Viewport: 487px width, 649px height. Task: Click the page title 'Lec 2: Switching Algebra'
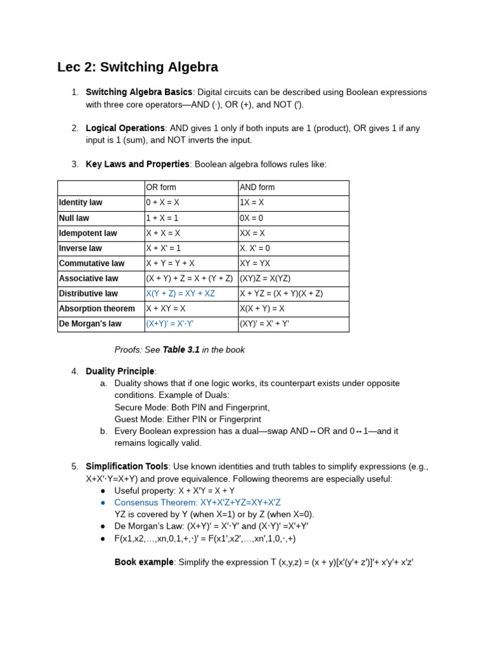pyautogui.click(x=138, y=67)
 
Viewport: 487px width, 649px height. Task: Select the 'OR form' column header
pyautogui.click(x=161, y=188)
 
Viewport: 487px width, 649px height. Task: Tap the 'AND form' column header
pyautogui.click(x=257, y=188)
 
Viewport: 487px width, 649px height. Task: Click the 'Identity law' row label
pyautogui.click(x=81, y=203)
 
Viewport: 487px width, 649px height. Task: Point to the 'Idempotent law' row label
pyautogui.click(x=88, y=233)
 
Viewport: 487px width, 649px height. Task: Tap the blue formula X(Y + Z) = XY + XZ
pyautogui.click(x=180, y=293)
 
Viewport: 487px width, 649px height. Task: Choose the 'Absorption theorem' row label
pyautogui.click(x=97, y=309)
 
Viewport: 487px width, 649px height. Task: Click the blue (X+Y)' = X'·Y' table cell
pyautogui.click(x=169, y=324)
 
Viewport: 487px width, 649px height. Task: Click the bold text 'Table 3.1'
pyautogui.click(x=181, y=350)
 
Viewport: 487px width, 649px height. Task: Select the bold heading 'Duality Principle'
pyautogui.click(x=120, y=371)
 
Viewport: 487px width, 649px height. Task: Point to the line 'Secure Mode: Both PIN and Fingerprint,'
pyautogui.click(x=192, y=408)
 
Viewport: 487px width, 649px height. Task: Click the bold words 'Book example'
pyautogui.click(x=144, y=562)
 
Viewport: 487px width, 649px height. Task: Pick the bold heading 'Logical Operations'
pyautogui.click(x=125, y=128)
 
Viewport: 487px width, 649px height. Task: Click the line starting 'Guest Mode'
pyautogui.click(x=188, y=420)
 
